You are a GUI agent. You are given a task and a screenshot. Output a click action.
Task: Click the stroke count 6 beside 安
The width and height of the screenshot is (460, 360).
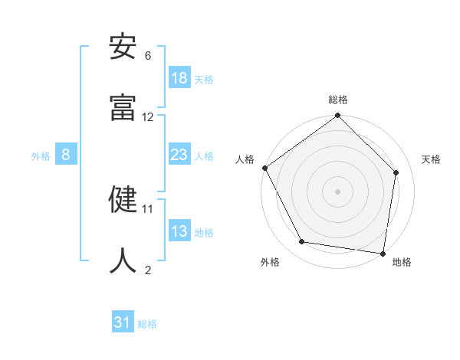[x=148, y=56]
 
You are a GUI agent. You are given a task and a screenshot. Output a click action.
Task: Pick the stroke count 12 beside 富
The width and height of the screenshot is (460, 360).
[x=148, y=117]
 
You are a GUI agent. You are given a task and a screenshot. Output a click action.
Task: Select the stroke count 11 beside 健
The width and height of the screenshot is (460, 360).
[x=148, y=208]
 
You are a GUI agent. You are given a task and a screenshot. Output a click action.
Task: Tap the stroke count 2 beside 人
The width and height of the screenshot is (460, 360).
[x=148, y=270]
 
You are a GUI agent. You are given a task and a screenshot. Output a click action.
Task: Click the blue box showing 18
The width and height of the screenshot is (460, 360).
[x=179, y=78]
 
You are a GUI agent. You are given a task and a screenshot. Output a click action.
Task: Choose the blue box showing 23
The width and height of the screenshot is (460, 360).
[x=179, y=155]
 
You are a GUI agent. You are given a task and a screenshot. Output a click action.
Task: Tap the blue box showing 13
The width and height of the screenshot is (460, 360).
[x=179, y=231]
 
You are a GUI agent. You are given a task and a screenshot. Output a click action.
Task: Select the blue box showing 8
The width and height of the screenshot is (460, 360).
[x=66, y=155]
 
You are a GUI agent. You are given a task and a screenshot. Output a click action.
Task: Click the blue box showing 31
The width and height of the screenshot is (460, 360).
[x=123, y=322]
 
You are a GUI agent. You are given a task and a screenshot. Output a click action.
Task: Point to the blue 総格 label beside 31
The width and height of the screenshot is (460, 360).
[x=147, y=324]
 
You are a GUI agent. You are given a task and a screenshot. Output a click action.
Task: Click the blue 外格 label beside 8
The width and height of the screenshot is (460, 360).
[x=41, y=156]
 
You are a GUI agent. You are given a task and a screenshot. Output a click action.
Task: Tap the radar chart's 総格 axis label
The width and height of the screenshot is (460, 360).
[x=338, y=100]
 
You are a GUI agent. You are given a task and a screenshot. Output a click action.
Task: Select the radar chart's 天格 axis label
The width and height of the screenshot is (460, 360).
[x=431, y=159]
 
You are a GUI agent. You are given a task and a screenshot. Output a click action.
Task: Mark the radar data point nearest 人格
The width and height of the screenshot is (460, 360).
[x=265, y=168]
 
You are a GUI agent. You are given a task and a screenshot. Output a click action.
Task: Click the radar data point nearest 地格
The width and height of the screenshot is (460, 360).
[x=383, y=253]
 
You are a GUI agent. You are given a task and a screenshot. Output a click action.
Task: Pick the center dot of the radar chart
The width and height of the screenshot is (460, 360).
[x=338, y=191]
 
